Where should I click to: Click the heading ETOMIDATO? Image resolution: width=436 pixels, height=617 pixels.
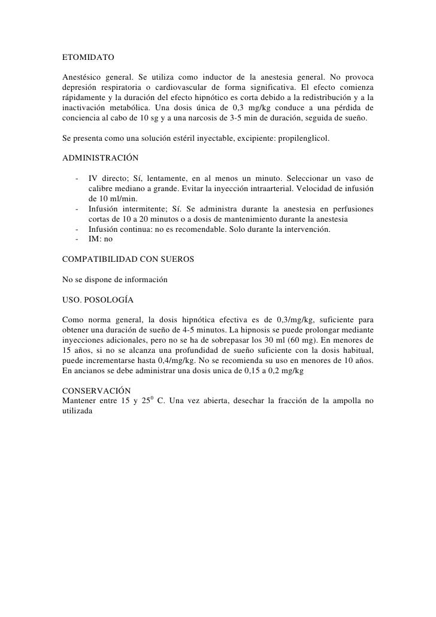(x=87, y=59)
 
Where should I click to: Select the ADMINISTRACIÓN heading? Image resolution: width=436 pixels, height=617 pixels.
(x=101, y=159)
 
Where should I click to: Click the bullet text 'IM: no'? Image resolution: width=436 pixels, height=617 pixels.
(x=100, y=240)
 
